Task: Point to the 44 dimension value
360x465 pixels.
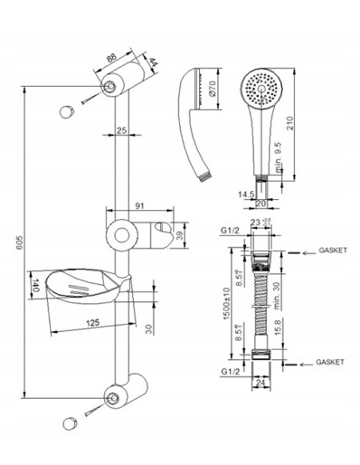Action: click(151, 63)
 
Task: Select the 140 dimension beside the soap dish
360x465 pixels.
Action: click(36, 285)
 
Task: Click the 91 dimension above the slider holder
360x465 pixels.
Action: click(140, 206)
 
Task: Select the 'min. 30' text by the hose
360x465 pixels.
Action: click(276, 295)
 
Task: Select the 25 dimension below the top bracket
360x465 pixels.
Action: click(121, 130)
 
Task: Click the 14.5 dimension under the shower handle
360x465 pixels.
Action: click(246, 193)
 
